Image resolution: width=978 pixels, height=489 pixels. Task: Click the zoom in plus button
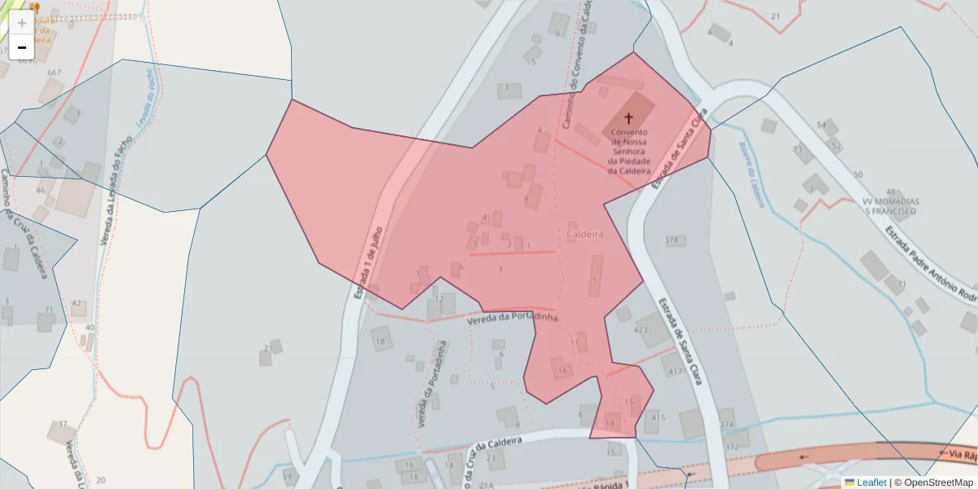[x=22, y=23]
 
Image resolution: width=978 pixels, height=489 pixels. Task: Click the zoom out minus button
[x=22, y=47]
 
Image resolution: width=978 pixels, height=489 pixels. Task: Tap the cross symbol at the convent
[x=628, y=118]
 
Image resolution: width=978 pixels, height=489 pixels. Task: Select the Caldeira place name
[x=584, y=234]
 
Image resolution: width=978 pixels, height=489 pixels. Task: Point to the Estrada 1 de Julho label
[x=368, y=261]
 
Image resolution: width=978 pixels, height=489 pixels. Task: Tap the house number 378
[x=672, y=240]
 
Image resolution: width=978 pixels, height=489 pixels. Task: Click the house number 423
[x=640, y=330]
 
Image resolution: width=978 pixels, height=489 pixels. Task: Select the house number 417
[x=675, y=371]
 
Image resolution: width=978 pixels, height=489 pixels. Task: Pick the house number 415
[x=659, y=417]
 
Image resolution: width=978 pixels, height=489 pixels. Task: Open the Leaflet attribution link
[x=870, y=482]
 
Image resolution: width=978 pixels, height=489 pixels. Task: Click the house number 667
[x=55, y=73]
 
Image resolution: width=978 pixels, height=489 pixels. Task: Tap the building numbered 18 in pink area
[x=610, y=423]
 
